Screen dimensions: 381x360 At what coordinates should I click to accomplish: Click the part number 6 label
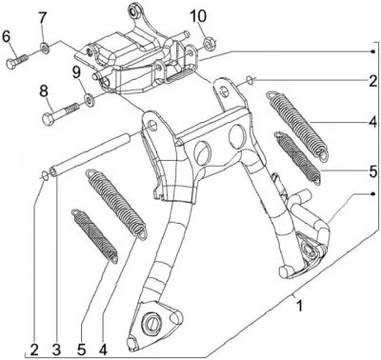7,36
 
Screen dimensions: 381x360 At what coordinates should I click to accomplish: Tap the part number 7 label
43,18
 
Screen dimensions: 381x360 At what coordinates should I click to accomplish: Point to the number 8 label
44,91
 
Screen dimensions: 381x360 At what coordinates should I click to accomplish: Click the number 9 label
76,74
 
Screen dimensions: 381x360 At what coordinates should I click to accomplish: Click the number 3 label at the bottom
56,350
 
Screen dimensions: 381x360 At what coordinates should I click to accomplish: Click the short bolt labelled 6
16,60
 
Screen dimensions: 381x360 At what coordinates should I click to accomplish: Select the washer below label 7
45,49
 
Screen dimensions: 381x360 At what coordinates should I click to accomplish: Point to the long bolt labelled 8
60,113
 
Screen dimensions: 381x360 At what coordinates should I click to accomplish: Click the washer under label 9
89,100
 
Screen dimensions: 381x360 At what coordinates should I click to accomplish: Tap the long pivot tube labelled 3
90,154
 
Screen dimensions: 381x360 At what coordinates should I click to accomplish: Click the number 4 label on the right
372,122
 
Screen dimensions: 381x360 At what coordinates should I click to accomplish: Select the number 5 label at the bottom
82,350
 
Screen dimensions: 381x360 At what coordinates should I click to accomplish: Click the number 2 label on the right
372,81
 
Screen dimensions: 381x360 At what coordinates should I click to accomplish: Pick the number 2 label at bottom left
34,350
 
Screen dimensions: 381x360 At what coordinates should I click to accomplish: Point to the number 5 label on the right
372,171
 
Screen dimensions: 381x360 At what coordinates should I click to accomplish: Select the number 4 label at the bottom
103,350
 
